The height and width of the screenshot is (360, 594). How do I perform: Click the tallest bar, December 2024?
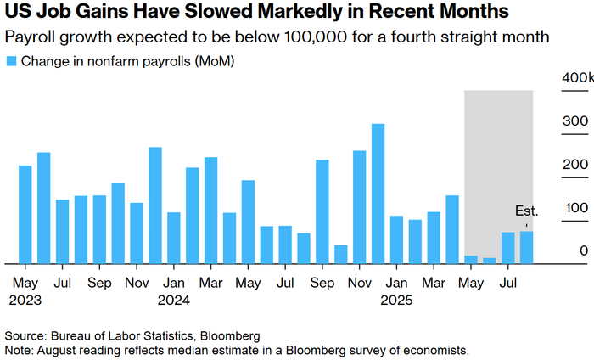coord(378,194)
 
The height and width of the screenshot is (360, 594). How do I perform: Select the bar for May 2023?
coord(25,215)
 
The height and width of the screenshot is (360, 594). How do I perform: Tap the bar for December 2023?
coord(155,205)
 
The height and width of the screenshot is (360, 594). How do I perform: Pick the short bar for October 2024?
coord(341,254)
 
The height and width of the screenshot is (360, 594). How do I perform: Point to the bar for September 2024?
coord(322,211)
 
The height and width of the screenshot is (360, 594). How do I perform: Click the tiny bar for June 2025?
coord(490,261)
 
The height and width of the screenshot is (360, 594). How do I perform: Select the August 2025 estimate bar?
coord(527,247)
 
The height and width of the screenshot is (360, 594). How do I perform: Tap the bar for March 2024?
coord(211,211)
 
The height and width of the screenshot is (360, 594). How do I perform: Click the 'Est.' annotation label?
coord(527,211)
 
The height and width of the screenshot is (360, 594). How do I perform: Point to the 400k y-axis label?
coord(578,77)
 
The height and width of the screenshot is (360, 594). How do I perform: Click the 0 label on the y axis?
coord(584,250)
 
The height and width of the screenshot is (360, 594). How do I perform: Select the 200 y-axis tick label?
coord(575,165)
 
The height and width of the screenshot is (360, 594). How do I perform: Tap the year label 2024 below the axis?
coord(173,300)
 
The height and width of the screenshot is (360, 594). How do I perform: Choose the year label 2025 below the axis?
coord(396,300)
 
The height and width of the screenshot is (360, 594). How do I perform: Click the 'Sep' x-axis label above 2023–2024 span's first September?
coord(99,283)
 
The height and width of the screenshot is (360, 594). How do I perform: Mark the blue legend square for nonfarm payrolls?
coord(11,61)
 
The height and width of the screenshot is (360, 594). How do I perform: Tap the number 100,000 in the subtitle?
coord(315,37)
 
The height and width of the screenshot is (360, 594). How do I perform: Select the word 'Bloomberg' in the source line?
coord(230,335)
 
